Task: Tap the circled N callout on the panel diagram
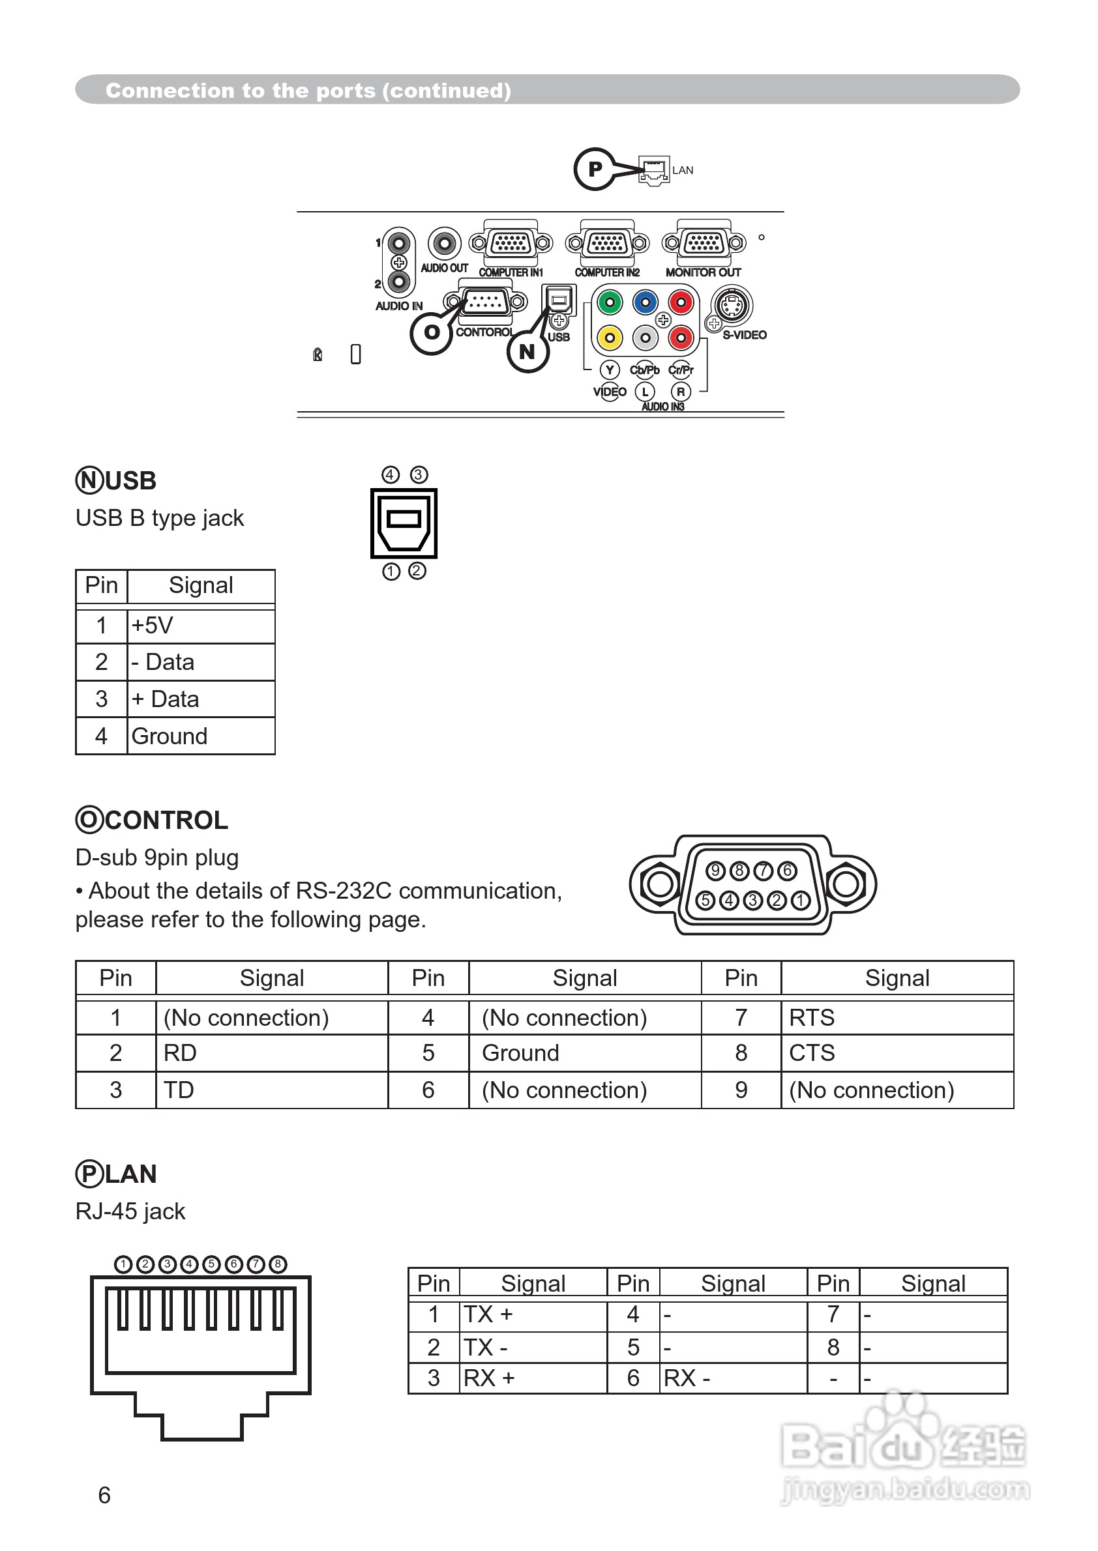527,351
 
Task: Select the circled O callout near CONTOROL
431,332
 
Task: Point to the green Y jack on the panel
610,302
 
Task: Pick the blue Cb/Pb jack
645,302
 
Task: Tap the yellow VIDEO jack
610,336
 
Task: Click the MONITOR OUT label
703,272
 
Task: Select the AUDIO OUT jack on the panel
445,243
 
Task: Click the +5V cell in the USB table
201,626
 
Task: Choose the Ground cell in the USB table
201,736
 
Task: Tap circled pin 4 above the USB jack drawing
390,474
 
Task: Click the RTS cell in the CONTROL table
897,1018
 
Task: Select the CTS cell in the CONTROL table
897,1053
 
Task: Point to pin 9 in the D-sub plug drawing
715,871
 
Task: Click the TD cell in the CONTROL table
271,1090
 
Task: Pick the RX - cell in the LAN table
733,1378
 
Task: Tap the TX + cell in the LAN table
533,1314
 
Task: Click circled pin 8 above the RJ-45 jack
278,1264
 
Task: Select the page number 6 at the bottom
104,1495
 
